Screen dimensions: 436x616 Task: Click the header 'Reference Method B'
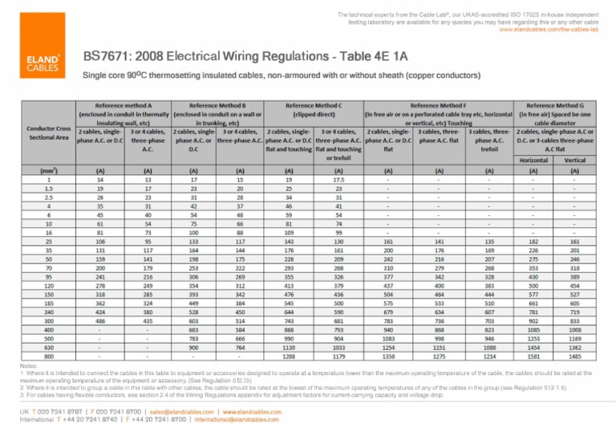click(x=216, y=105)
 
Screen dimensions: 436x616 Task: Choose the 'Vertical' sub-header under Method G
click(x=574, y=160)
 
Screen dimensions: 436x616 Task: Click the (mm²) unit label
click(x=49, y=170)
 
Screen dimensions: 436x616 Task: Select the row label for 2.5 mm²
click(x=49, y=198)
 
